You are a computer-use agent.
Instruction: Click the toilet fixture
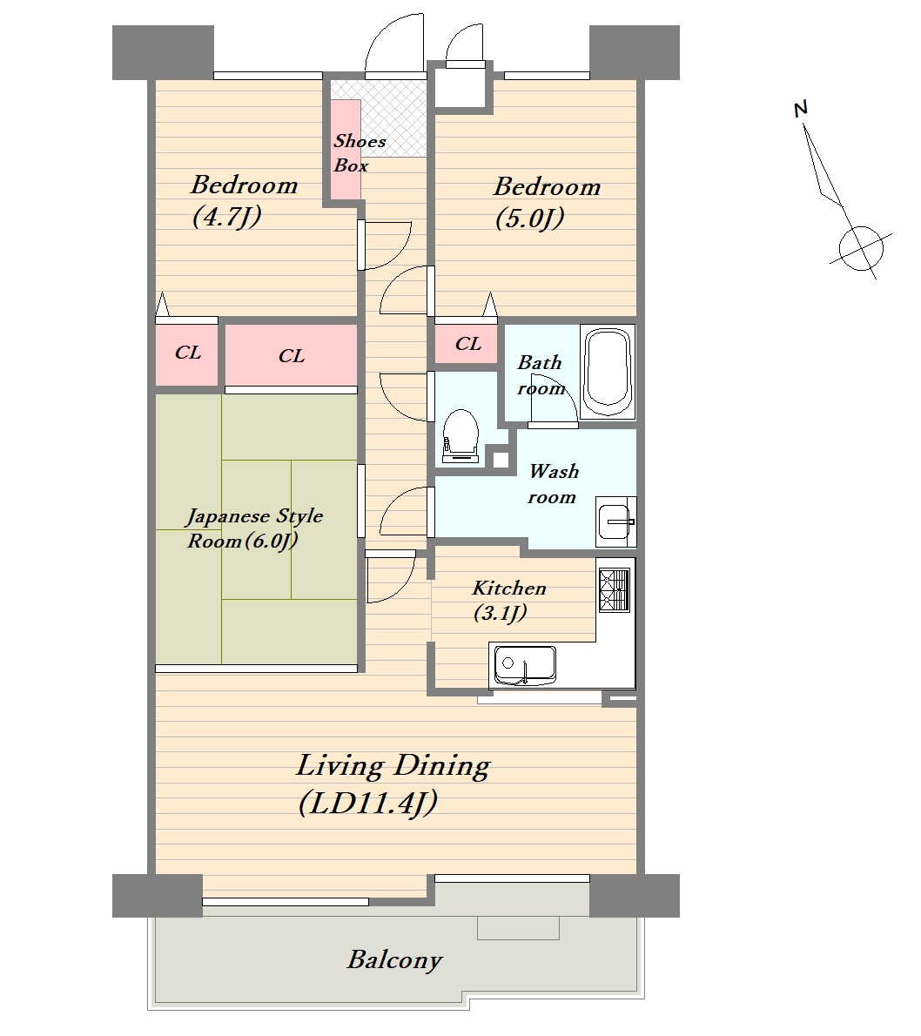pos(461,437)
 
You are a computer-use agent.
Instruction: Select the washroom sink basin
pos(615,522)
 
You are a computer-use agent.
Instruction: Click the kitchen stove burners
pos(614,589)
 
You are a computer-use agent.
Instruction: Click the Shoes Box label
pos(359,152)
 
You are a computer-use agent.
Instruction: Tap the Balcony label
pos(394,959)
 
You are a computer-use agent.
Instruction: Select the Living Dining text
pos(393,766)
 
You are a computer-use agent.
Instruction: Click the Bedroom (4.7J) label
pos(244,199)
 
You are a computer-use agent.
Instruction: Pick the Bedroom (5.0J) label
pos(547,202)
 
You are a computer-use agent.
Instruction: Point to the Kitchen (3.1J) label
pos(509,600)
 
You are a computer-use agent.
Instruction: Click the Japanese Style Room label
pos(254,528)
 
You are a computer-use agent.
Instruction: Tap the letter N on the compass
pos(801,109)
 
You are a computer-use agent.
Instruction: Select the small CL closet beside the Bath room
pos(467,344)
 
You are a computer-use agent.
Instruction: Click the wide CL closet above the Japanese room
pos(292,355)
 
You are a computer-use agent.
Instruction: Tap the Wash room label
pos(553,484)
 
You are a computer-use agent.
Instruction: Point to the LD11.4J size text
pos(367,804)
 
